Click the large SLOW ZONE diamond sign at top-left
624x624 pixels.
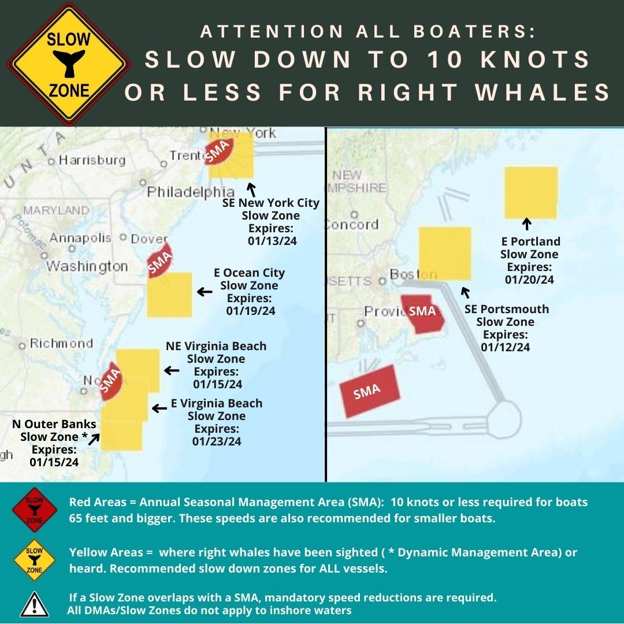coord(68,64)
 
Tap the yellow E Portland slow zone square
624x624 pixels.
coord(531,193)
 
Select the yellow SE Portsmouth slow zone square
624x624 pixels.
coord(444,253)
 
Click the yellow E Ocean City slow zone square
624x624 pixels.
coord(169,294)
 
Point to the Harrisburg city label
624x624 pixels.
coord(92,160)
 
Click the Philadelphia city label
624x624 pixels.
coord(191,192)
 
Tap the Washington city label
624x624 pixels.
coord(87,266)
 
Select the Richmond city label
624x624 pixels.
coord(61,343)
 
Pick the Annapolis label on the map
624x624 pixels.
coord(80,237)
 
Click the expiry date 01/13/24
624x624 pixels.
coord(272,241)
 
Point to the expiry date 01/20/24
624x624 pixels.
coord(529,280)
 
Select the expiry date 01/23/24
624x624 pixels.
coord(217,441)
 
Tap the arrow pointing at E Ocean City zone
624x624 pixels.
coord(205,292)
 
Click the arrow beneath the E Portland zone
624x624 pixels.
coord(526,224)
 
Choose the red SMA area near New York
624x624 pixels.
coord(221,151)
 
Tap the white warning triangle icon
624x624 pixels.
coord(34,604)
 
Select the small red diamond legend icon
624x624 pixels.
coord(35,509)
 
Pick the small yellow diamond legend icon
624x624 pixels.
coord(35,559)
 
